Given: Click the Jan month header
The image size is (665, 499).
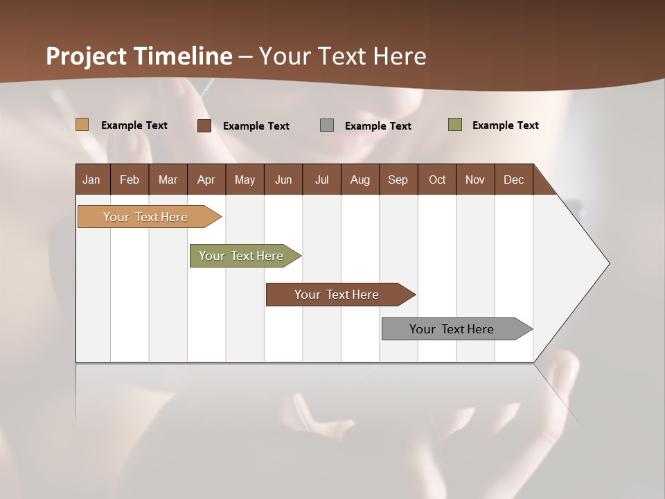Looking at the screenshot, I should (91, 180).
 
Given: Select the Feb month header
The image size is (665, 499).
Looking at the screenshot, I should (130, 180).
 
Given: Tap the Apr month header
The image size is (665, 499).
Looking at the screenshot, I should (206, 180).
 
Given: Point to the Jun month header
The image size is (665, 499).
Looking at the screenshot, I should (283, 180).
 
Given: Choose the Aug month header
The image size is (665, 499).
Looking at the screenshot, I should (360, 180).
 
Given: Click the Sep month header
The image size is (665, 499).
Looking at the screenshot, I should (398, 180).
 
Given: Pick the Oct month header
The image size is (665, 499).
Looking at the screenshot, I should (437, 180).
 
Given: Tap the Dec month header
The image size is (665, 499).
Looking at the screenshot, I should (513, 180).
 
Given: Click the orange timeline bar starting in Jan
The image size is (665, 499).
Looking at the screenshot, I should (145, 217).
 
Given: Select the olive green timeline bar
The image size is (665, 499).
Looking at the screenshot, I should (241, 256).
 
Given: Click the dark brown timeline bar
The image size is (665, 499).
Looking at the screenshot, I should (337, 295).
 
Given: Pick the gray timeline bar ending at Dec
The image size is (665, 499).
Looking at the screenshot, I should (452, 329).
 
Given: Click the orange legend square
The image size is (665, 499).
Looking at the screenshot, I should (82, 125).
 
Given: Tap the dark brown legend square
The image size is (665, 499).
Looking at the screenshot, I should (204, 125).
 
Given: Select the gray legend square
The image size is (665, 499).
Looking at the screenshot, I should (327, 125).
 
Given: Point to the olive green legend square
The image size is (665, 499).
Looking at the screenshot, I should (455, 125).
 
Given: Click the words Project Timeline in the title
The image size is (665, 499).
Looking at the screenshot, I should (139, 56).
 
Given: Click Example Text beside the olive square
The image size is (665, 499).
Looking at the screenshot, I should (505, 125).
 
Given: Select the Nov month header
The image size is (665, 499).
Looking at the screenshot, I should (475, 180).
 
